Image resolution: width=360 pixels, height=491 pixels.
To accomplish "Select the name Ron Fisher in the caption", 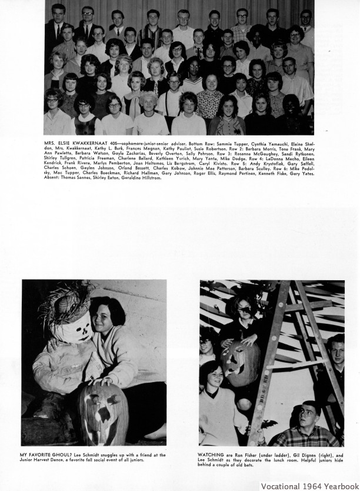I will pos(245,455).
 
